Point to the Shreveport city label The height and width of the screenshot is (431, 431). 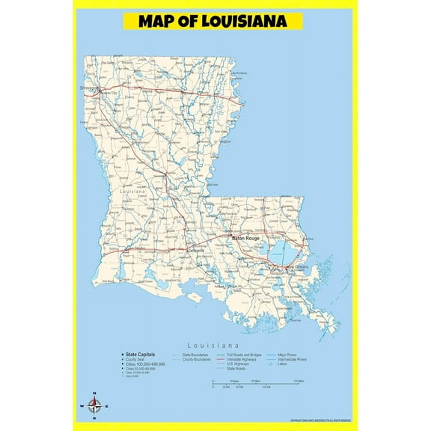click(x=89, y=88)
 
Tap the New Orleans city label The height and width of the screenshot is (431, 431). click(x=296, y=267)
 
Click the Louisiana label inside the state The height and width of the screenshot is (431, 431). click(x=132, y=192)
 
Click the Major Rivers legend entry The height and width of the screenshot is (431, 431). click(x=287, y=355)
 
